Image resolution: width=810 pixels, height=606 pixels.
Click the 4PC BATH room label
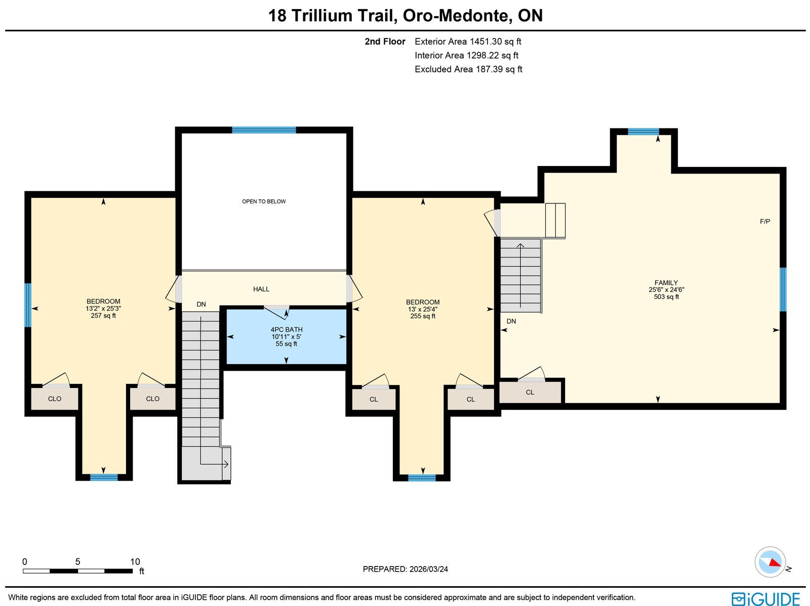[x=287, y=329]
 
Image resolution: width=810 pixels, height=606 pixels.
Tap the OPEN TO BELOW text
[x=264, y=201]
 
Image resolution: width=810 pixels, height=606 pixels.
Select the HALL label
[x=261, y=289]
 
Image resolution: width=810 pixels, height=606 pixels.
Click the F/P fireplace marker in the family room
[x=765, y=222]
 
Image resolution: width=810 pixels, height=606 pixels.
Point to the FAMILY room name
[x=666, y=283]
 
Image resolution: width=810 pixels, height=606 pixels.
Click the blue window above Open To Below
[x=264, y=130]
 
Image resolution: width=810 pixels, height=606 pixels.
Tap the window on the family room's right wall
[x=783, y=289]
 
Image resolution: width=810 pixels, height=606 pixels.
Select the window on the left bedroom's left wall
[x=28, y=305]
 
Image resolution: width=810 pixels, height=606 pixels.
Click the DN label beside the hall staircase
[x=201, y=304]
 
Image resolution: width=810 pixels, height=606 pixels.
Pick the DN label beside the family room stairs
[x=511, y=321]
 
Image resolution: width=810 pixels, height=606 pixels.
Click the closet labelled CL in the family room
[x=530, y=392]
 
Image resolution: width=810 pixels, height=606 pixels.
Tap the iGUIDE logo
[x=766, y=598]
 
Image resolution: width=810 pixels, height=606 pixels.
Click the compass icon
[x=770, y=562]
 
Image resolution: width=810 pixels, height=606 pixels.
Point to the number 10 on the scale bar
[x=135, y=561]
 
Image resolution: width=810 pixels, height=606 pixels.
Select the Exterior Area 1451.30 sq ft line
[x=468, y=41]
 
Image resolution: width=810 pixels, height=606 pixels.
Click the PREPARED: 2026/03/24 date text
[x=405, y=569]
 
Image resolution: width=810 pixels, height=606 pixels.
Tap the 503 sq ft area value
[x=666, y=297]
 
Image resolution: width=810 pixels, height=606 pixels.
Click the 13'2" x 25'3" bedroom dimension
[x=103, y=309]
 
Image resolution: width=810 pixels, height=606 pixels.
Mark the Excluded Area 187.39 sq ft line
[x=468, y=69]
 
